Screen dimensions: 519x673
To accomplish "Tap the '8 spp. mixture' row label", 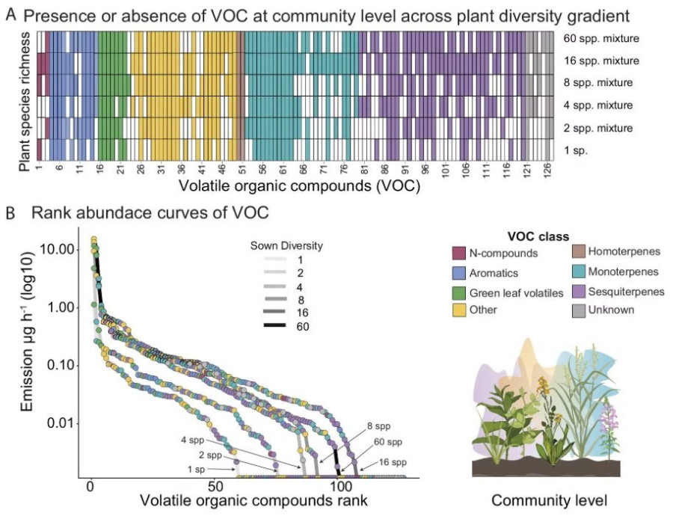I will (x=600, y=82).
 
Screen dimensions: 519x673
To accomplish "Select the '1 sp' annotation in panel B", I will (x=197, y=468).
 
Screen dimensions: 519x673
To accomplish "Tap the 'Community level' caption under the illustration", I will (x=546, y=499).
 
